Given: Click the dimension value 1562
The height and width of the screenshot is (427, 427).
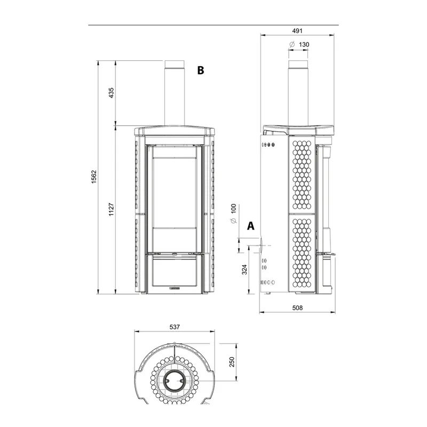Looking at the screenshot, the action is (x=94, y=177).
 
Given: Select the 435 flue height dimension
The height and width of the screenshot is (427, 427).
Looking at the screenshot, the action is (x=112, y=93).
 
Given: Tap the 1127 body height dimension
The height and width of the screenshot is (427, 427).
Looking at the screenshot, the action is (x=112, y=209).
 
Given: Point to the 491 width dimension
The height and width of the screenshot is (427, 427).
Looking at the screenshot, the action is (x=297, y=31).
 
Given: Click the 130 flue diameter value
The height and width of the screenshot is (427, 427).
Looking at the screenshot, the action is (x=304, y=44).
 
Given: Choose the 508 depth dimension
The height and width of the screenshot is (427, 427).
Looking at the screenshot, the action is (x=297, y=308).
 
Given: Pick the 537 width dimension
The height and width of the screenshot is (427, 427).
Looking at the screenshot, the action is (x=175, y=327).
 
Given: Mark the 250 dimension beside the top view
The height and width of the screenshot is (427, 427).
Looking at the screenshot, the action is (x=232, y=362).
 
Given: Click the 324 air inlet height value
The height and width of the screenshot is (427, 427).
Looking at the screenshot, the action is (x=244, y=270).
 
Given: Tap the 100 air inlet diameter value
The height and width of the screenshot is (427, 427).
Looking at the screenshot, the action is (x=234, y=209).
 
